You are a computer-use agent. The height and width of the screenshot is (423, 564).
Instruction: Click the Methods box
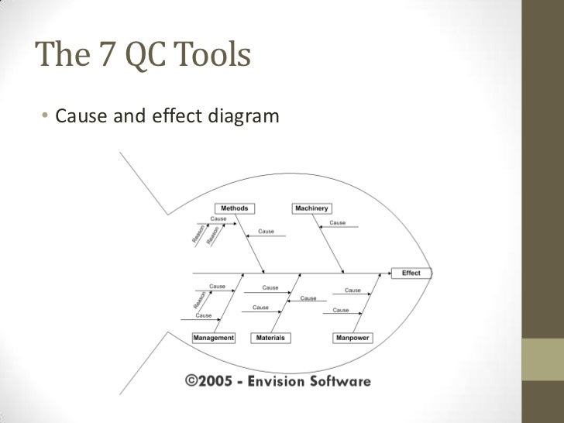pos(234,208)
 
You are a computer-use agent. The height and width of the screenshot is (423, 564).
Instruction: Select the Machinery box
pos(311,208)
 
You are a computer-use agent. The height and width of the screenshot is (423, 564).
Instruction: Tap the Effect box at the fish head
pos(411,273)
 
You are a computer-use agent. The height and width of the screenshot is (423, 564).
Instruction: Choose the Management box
pos(213,338)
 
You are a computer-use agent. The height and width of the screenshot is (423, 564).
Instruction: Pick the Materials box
pos(270,338)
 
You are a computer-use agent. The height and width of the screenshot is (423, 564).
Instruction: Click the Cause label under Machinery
pos(338,223)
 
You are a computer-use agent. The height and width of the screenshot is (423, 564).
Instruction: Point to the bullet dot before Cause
pos(46,118)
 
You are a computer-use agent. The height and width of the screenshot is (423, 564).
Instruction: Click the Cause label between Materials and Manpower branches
pos(308,298)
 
